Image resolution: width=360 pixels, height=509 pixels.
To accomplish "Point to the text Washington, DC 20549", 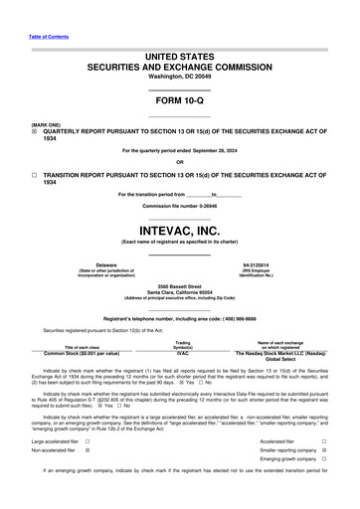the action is pos(179,77).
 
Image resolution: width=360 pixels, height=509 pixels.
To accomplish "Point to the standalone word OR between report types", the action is pos(179,162).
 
